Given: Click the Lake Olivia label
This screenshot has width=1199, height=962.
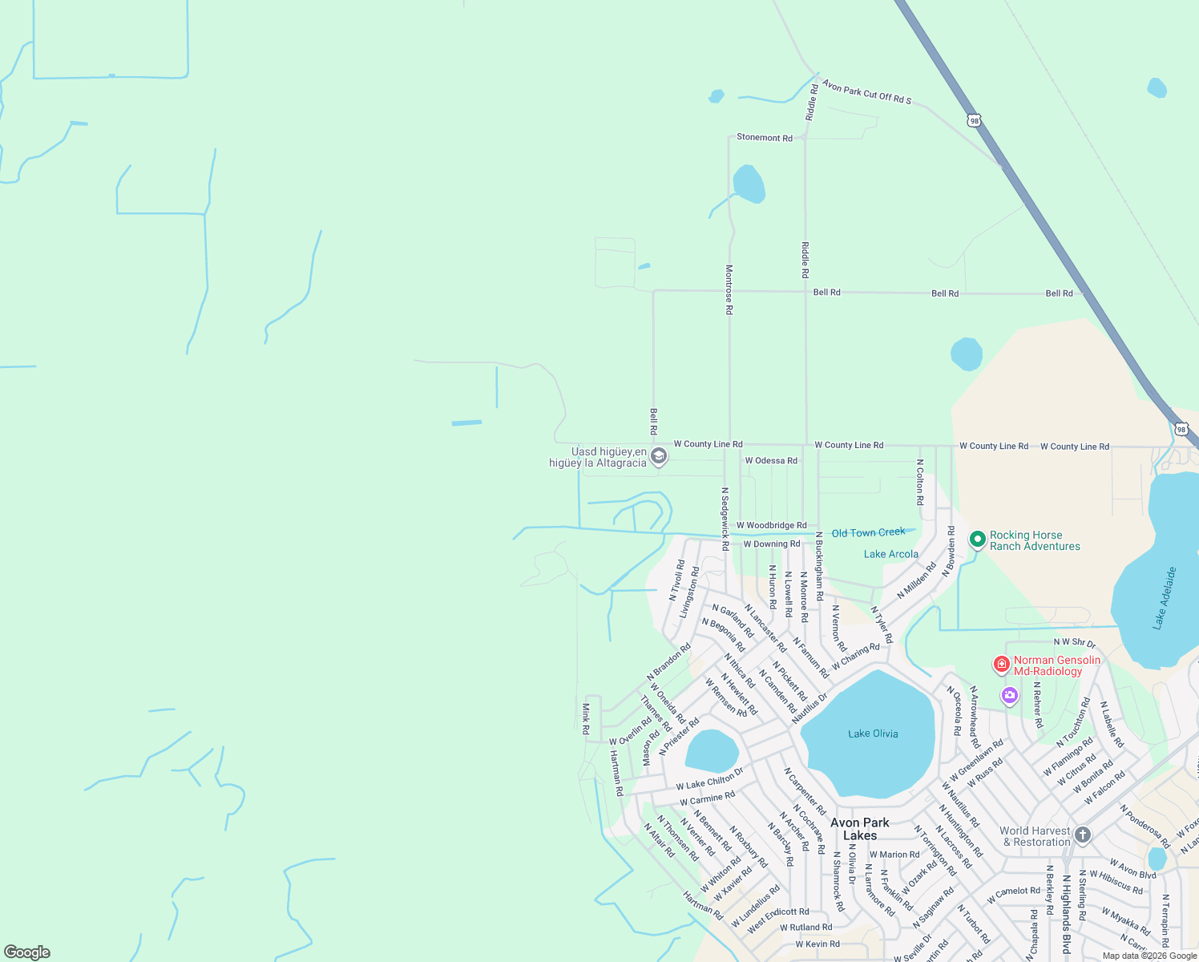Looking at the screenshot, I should pos(873,734).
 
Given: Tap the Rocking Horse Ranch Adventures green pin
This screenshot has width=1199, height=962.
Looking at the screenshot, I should pos(977,540).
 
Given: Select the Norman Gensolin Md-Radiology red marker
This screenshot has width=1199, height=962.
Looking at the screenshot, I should pos(1001,664).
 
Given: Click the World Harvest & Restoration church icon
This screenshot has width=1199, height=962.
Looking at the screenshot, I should pos(1083,835).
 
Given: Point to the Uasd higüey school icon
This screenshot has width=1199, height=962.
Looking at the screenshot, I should pos(659,457).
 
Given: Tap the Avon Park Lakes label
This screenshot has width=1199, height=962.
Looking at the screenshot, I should pos(859,829).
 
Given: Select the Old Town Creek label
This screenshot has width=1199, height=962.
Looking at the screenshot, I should pos(868,533).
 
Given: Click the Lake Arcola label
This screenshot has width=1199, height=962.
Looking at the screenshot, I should pos(890,554).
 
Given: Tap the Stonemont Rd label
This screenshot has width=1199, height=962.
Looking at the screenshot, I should pos(764,138).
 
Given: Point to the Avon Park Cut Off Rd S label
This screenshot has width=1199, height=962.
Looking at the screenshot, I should pos(866,91).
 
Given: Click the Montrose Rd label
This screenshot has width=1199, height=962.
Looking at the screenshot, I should pos(729,289).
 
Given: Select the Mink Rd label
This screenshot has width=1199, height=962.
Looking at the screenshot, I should pos(586,719).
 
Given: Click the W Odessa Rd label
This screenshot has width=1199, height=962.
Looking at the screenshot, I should pos(770,461).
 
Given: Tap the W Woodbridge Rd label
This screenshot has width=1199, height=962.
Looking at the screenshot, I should pos(771,526).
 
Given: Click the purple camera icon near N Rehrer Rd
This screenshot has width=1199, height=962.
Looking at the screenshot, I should pos(1010,696).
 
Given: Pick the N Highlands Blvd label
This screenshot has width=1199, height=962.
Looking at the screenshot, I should pos(1066,914).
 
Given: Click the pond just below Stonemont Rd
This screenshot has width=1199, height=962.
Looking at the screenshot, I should pos(749,184).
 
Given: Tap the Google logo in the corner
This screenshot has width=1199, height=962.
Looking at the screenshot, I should pos(27,952).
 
